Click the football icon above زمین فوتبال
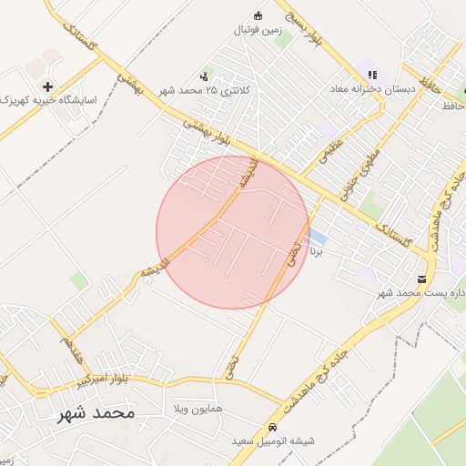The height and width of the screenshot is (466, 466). [258, 15]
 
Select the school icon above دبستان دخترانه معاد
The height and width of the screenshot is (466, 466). [371, 75]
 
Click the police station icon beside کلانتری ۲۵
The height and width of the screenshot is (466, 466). [204, 76]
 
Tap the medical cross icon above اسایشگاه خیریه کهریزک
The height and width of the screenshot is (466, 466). [47, 86]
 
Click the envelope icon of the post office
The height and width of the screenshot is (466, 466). [420, 279]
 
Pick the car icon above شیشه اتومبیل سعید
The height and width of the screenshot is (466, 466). [272, 428]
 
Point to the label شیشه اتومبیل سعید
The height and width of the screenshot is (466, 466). [272, 441]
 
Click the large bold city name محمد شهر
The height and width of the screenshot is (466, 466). [96, 412]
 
